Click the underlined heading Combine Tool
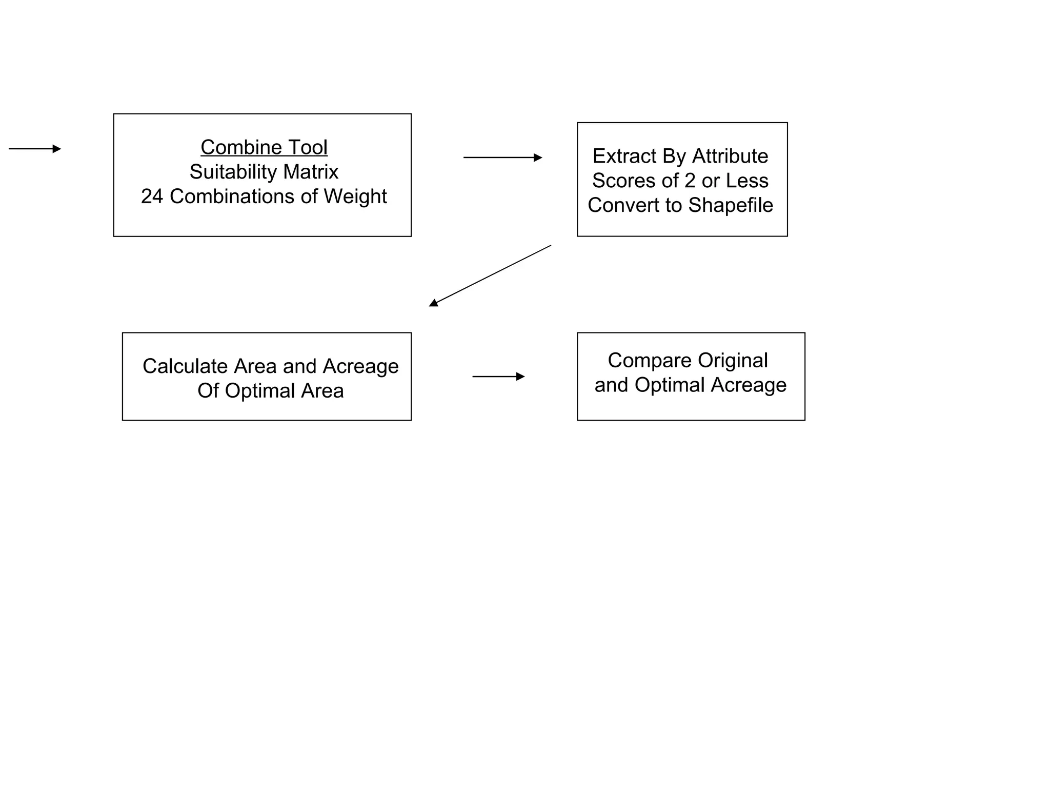tap(264, 147)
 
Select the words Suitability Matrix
tap(264, 172)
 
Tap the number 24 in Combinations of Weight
tap(152, 196)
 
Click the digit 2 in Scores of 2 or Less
tap(690, 181)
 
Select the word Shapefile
tap(730, 205)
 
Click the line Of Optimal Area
tap(270, 391)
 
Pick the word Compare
tap(649, 360)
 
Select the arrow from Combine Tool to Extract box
tap(502, 157)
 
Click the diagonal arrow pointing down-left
tap(490, 275)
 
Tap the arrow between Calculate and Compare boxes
tap(498, 377)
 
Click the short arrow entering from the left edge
tap(35, 149)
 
